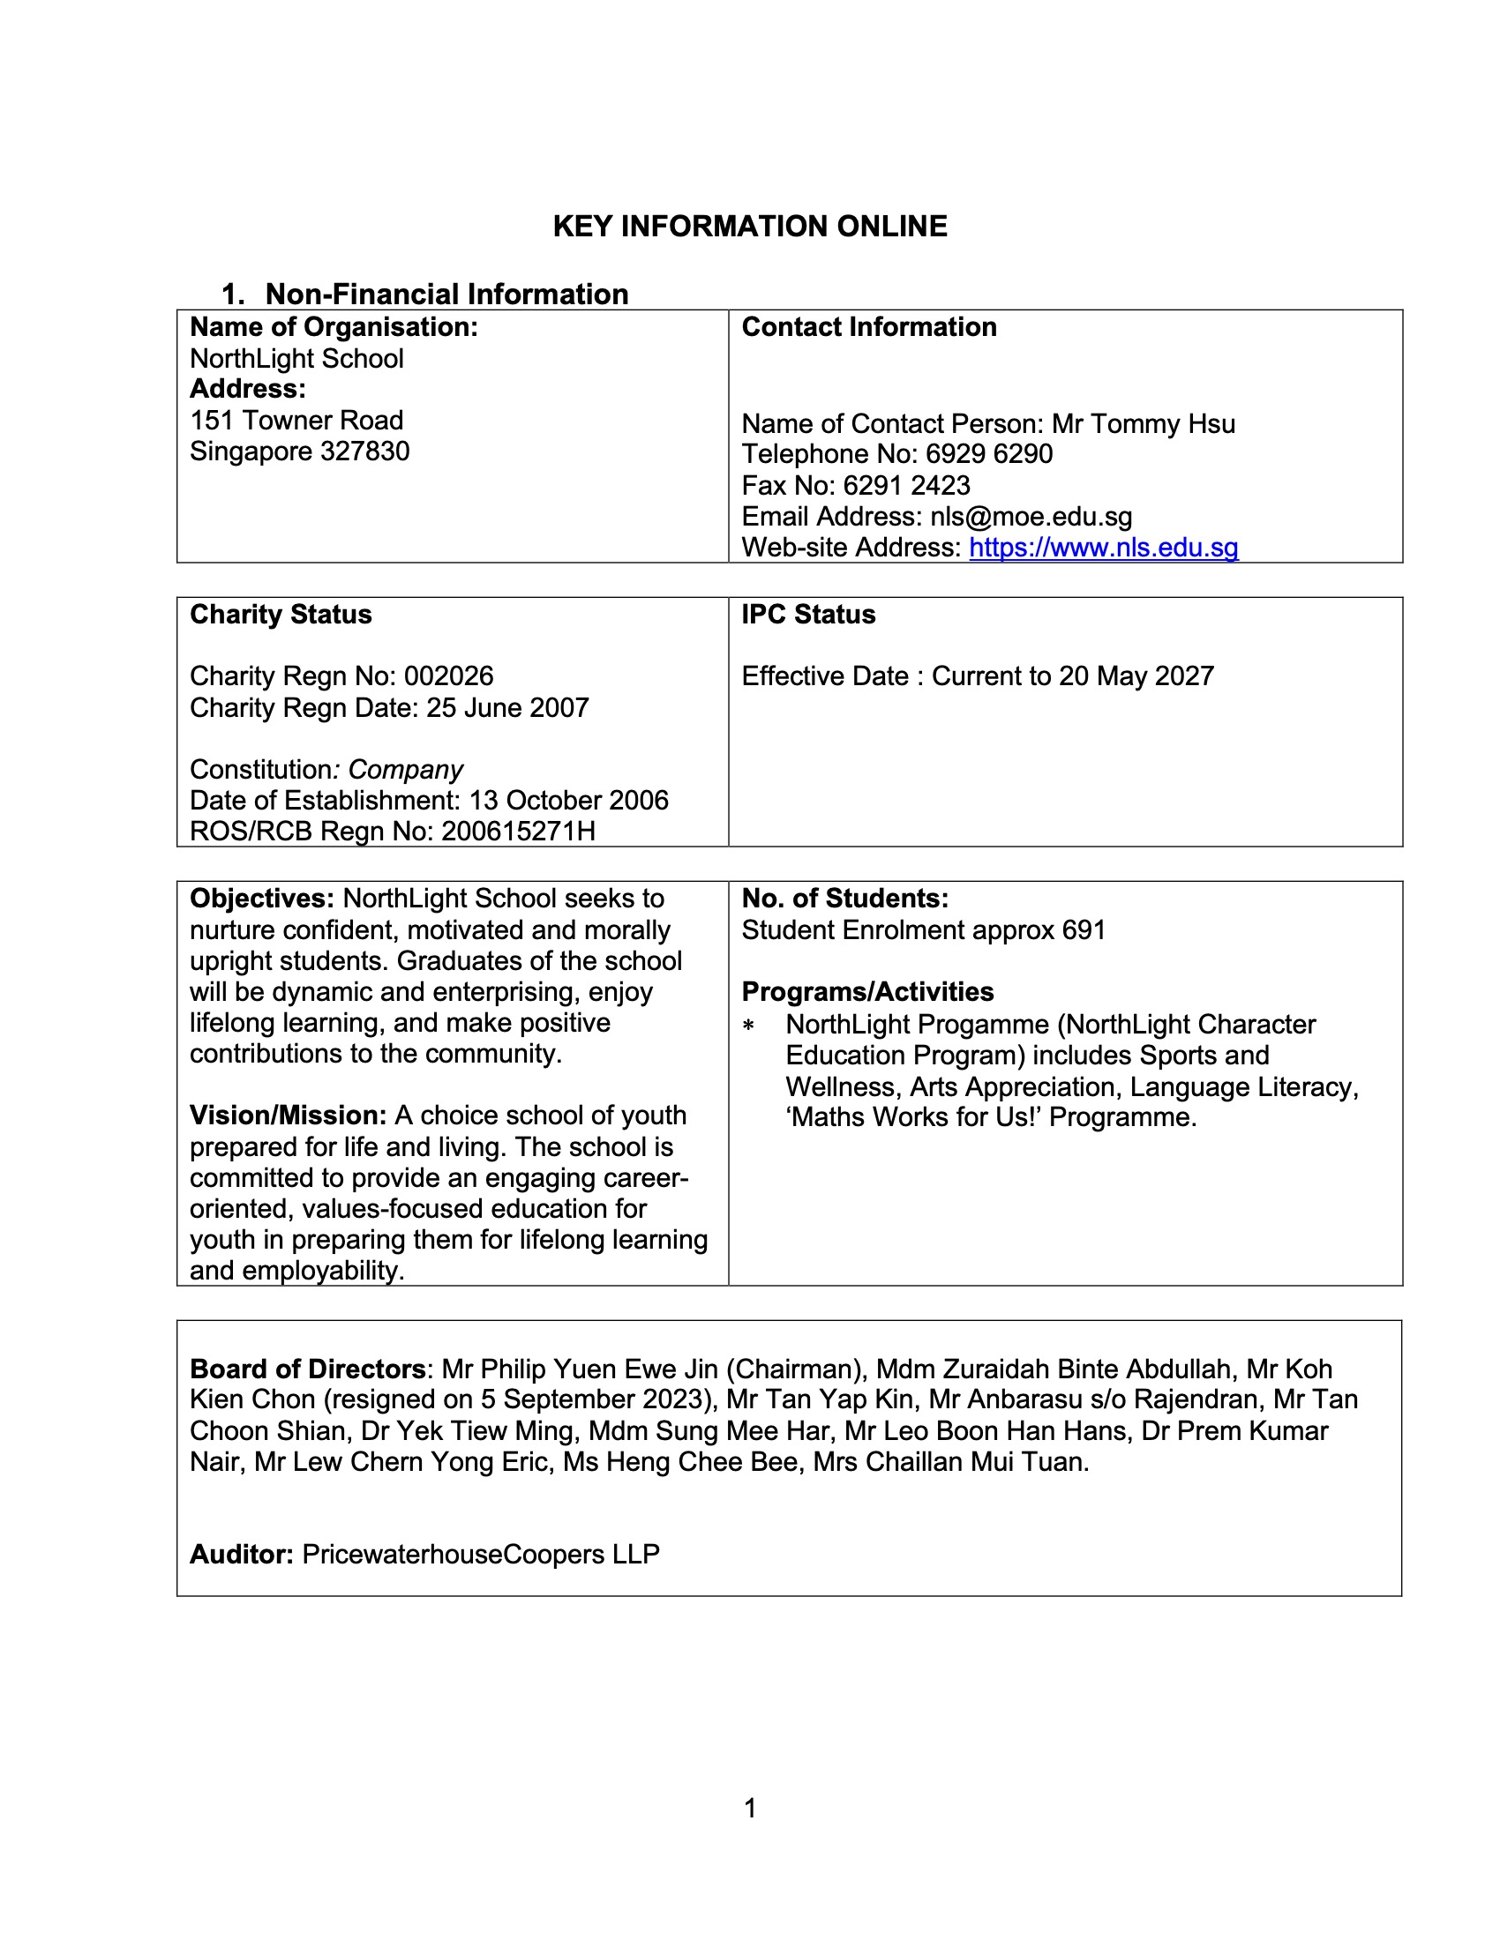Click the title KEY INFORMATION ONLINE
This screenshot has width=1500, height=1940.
pyautogui.click(x=750, y=227)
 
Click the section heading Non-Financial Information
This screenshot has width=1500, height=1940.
pyautogui.click(x=446, y=294)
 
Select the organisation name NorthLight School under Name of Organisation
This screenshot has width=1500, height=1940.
pyautogui.click(x=296, y=359)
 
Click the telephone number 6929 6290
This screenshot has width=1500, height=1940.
pyautogui.click(x=988, y=454)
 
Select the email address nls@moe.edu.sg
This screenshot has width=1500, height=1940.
pyautogui.click(x=1031, y=516)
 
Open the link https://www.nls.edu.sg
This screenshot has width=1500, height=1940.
pyautogui.click(x=1103, y=548)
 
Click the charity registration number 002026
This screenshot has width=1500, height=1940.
pyautogui.click(x=449, y=676)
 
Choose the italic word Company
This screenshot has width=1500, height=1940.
pyautogui.click(x=405, y=769)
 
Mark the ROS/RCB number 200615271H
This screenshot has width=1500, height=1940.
pyautogui.click(x=518, y=832)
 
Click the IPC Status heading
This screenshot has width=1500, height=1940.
pyautogui.click(x=807, y=615)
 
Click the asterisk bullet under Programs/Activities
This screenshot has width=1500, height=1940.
pyautogui.click(x=748, y=1026)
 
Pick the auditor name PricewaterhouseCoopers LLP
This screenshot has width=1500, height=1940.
pyautogui.click(x=481, y=1554)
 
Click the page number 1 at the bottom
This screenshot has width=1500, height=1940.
pyautogui.click(x=750, y=1808)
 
